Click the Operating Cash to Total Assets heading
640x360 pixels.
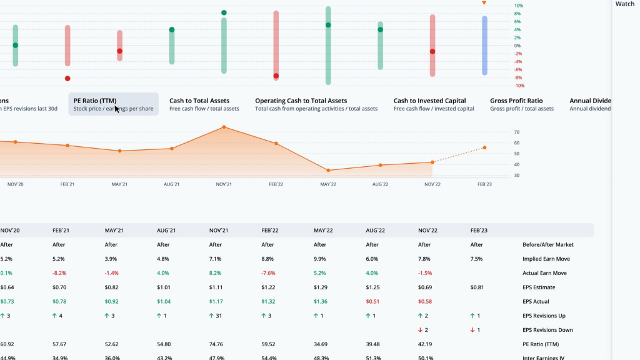(x=301, y=101)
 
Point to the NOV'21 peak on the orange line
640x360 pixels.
(x=224, y=127)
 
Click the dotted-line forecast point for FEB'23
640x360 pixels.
(x=484, y=147)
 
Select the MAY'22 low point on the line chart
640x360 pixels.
(x=328, y=170)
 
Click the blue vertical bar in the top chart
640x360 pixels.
(x=484, y=46)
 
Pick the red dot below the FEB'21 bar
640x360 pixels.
(x=67, y=78)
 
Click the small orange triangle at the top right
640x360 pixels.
(x=484, y=3)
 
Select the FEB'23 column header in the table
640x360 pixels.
(x=479, y=231)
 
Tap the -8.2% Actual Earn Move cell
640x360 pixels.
(x=60, y=273)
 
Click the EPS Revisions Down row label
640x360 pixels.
(x=547, y=330)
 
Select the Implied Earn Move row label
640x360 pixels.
(x=546, y=259)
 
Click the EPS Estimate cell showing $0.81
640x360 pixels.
(x=478, y=287)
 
